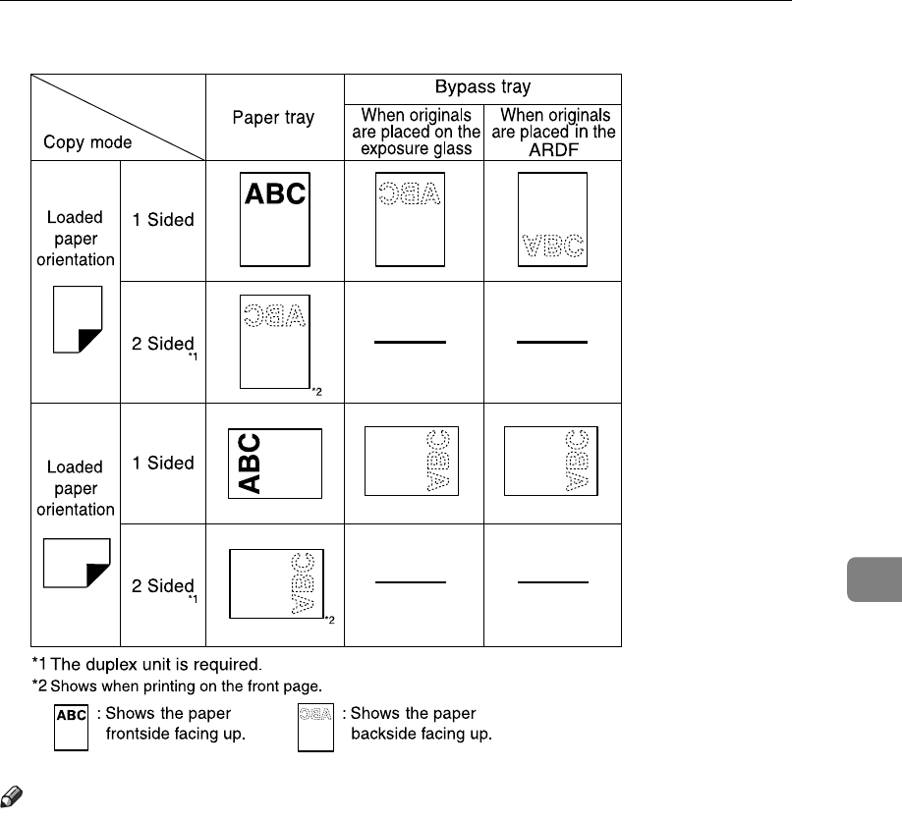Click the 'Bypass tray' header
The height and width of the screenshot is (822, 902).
pyautogui.click(x=481, y=86)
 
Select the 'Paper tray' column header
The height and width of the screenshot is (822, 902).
pyautogui.click(x=273, y=118)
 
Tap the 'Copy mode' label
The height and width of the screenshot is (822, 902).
pyautogui.click(x=88, y=142)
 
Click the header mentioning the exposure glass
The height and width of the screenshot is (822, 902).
pyautogui.click(x=414, y=132)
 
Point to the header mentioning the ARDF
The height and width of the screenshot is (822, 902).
pyautogui.click(x=552, y=132)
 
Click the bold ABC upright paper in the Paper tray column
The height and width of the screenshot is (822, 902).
pyautogui.click(x=275, y=221)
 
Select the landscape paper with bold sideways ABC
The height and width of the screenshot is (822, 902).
pyautogui.click(x=274, y=463)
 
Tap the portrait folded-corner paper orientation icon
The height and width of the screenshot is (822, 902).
pyautogui.click(x=79, y=318)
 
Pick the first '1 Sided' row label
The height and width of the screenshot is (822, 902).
pyautogui.click(x=163, y=220)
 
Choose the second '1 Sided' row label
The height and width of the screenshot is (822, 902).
pyautogui.click(x=163, y=463)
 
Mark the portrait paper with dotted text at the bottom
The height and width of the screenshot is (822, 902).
pyautogui.click(x=552, y=220)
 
